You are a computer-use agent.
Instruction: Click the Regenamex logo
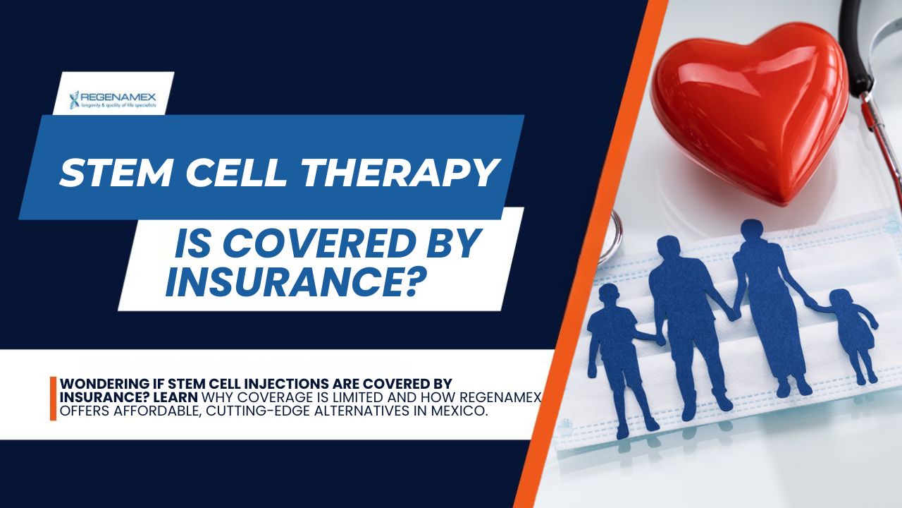click(113, 99)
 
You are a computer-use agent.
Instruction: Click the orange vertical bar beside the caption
click(53, 398)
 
